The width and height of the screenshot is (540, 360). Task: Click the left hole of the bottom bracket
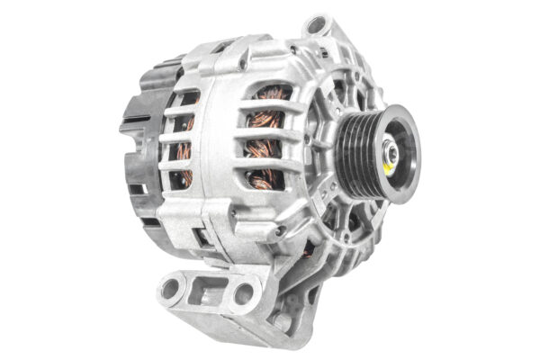(170, 289)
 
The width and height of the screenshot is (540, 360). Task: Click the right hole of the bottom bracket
(242, 293)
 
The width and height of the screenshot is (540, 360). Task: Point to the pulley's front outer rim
(409, 144)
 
